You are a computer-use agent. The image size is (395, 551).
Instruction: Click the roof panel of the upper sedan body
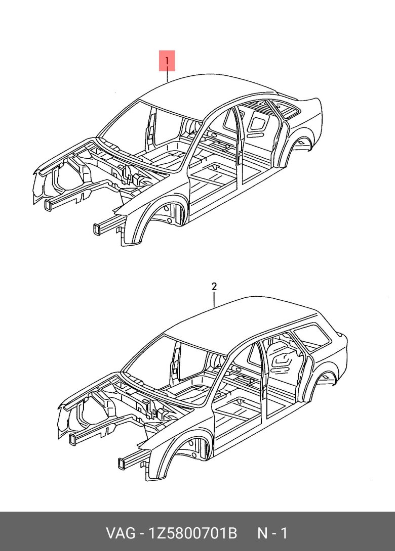coord(213,91)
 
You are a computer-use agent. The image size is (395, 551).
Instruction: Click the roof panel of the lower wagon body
coord(243,316)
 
